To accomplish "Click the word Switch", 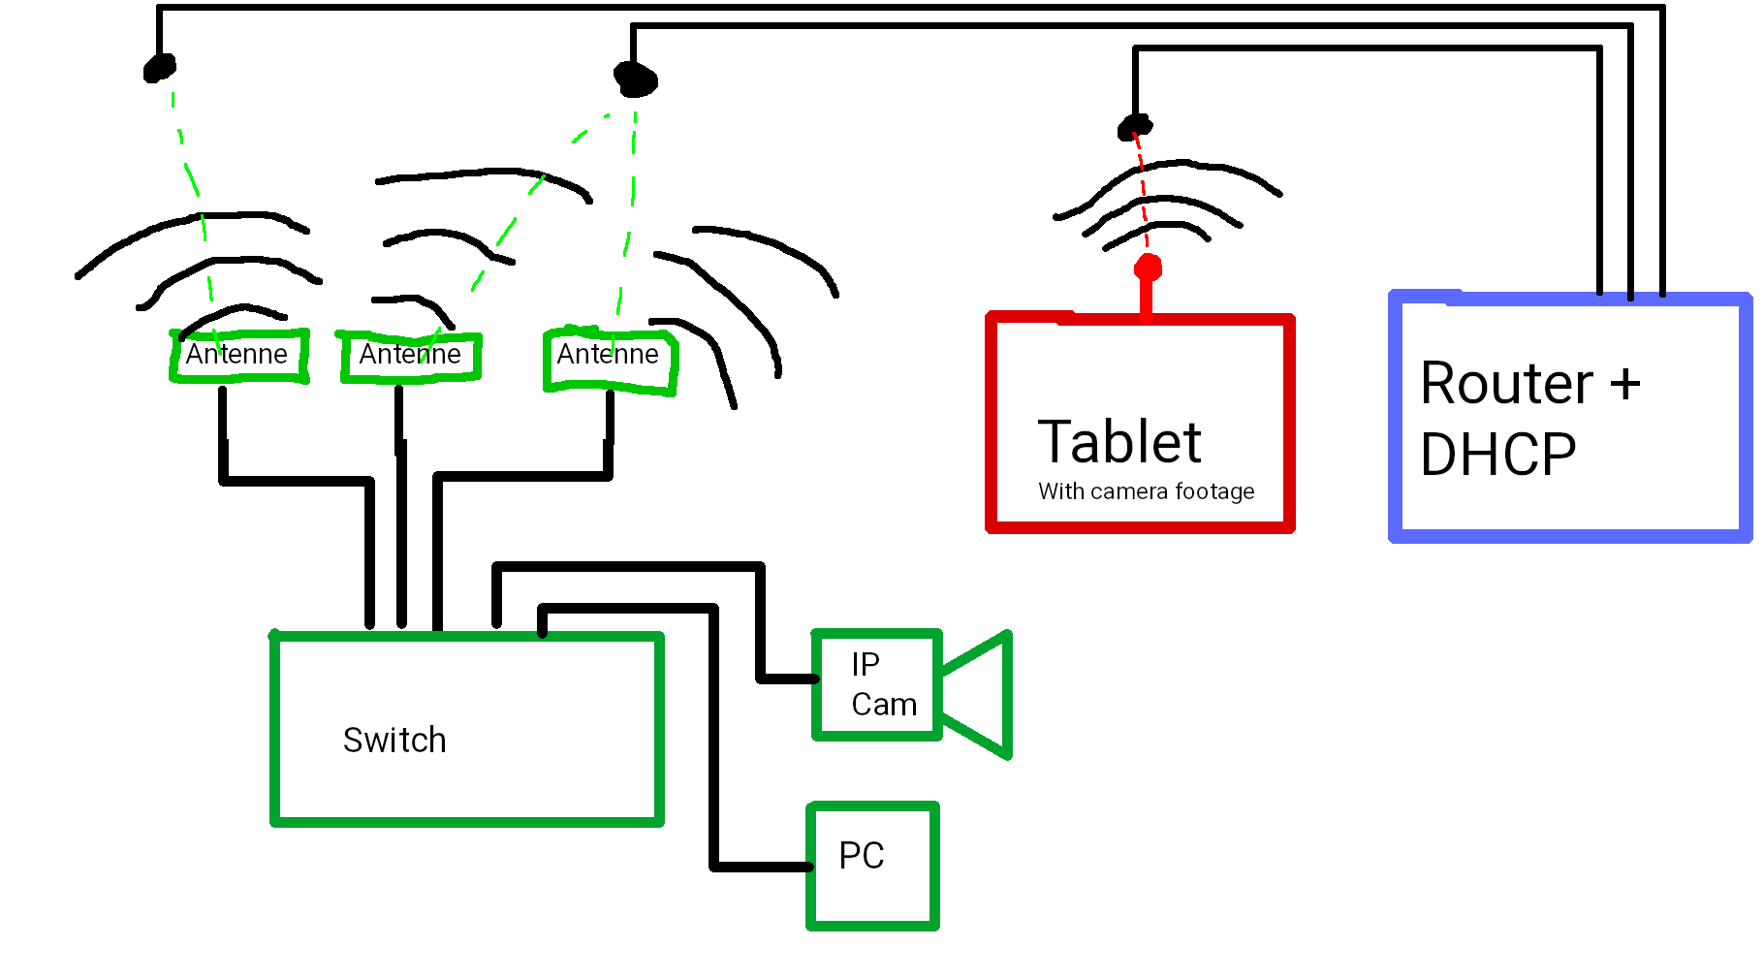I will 394,741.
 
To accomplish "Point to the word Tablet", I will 1119,443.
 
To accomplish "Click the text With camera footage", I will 1146,491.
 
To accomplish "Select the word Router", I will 1506,384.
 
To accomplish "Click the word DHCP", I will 1498,455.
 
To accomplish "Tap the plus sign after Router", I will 1625,384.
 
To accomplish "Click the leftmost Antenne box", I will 239,356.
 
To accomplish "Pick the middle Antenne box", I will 411,357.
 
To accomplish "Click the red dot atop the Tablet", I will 1148,268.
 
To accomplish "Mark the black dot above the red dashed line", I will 1135,126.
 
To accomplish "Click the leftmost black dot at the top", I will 160,68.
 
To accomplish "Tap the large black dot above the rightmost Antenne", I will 636,79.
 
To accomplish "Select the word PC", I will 862,856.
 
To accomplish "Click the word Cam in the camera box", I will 884,705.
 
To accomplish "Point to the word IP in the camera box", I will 866,665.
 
